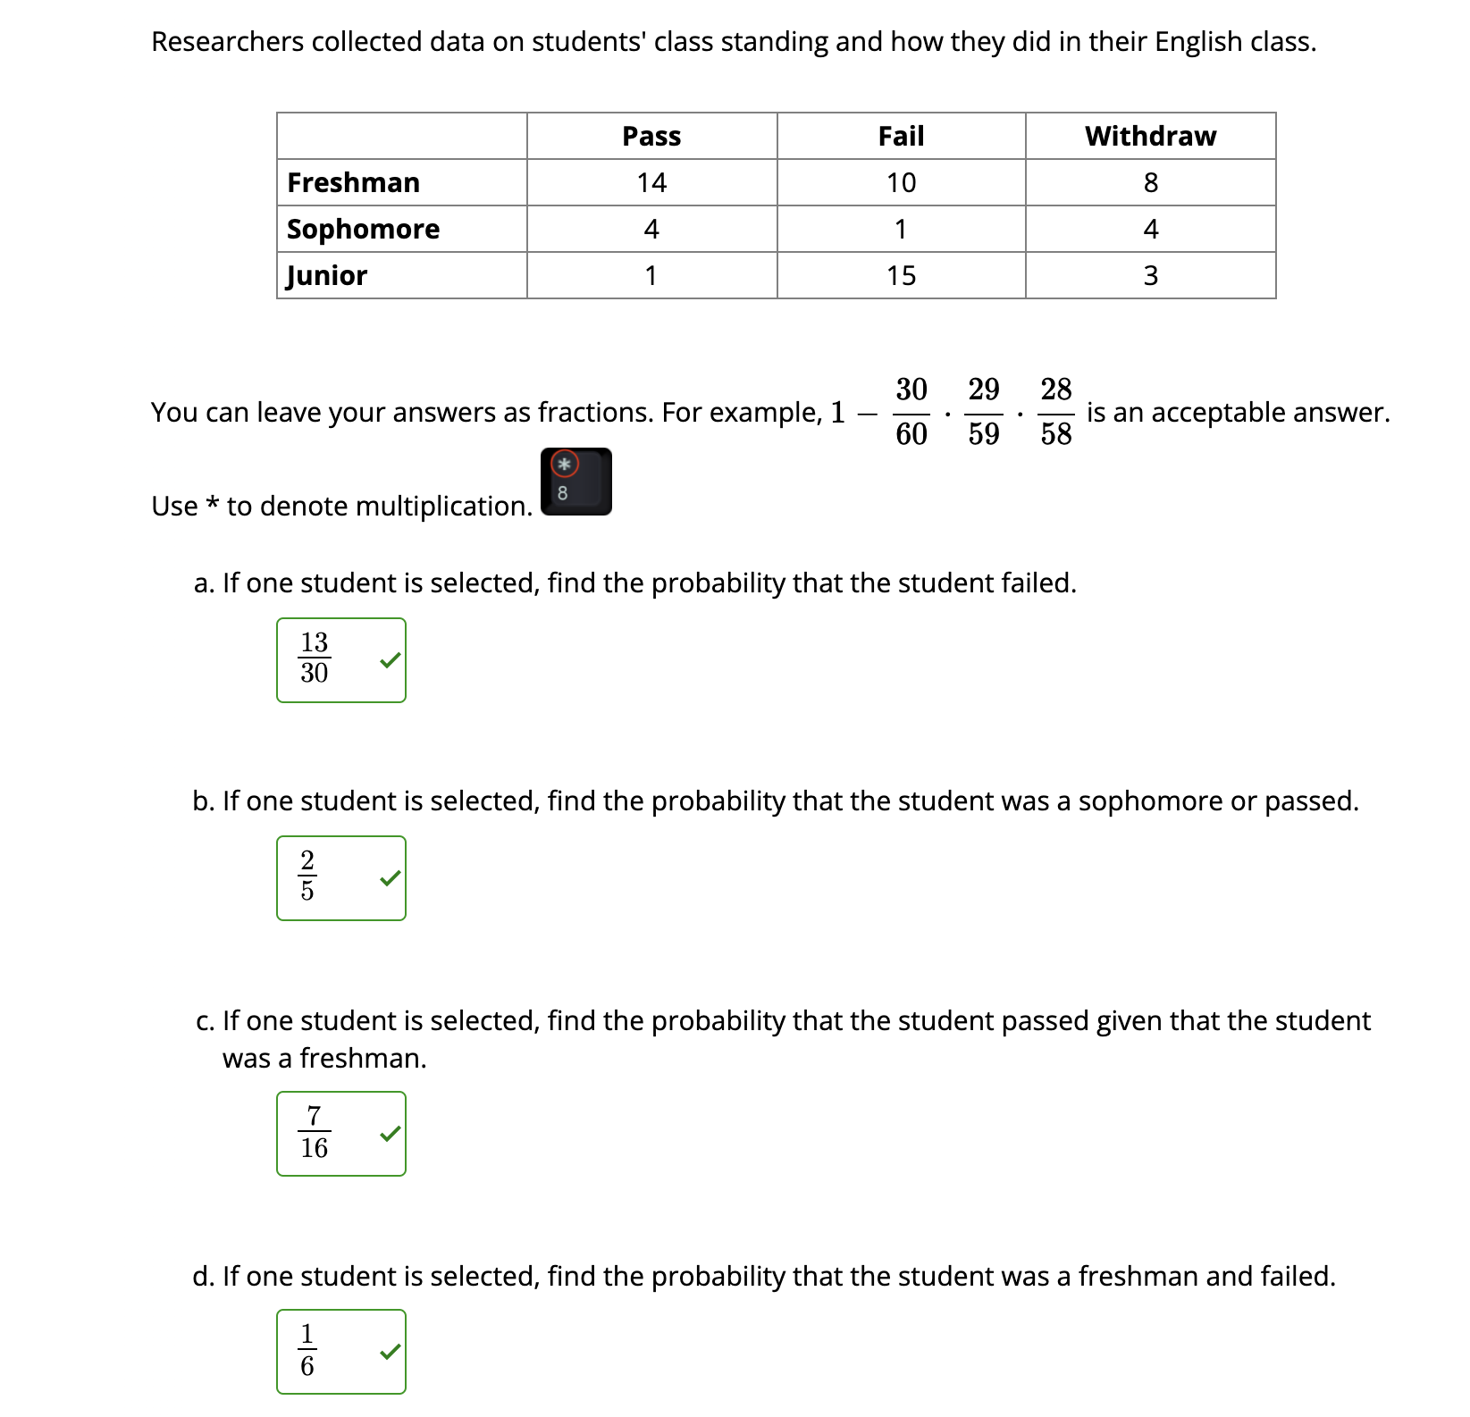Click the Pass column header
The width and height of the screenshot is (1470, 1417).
tap(651, 137)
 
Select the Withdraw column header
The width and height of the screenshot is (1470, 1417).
tap(1150, 137)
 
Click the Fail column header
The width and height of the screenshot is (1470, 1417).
tap(901, 137)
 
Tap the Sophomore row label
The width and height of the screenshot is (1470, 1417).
tap(363, 230)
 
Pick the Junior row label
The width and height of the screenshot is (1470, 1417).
tap(327, 275)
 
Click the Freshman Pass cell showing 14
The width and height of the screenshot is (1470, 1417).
tap(651, 183)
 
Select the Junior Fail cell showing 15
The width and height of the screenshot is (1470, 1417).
tap(901, 275)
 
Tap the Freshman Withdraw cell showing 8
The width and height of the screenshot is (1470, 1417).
tap(1150, 183)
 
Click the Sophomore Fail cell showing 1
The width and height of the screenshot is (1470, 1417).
tap(901, 230)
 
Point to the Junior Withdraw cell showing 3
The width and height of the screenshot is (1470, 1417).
tap(1150, 275)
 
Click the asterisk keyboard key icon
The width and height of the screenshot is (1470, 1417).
tap(575, 482)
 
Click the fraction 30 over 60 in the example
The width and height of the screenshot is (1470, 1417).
tap(911, 412)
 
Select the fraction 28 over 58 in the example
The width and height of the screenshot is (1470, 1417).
tap(1055, 412)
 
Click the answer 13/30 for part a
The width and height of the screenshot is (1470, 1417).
tap(315, 658)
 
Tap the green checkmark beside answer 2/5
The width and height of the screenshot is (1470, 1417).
tap(391, 878)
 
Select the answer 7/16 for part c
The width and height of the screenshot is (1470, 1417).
tap(315, 1133)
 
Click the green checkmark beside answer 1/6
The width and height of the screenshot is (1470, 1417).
tap(391, 1352)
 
